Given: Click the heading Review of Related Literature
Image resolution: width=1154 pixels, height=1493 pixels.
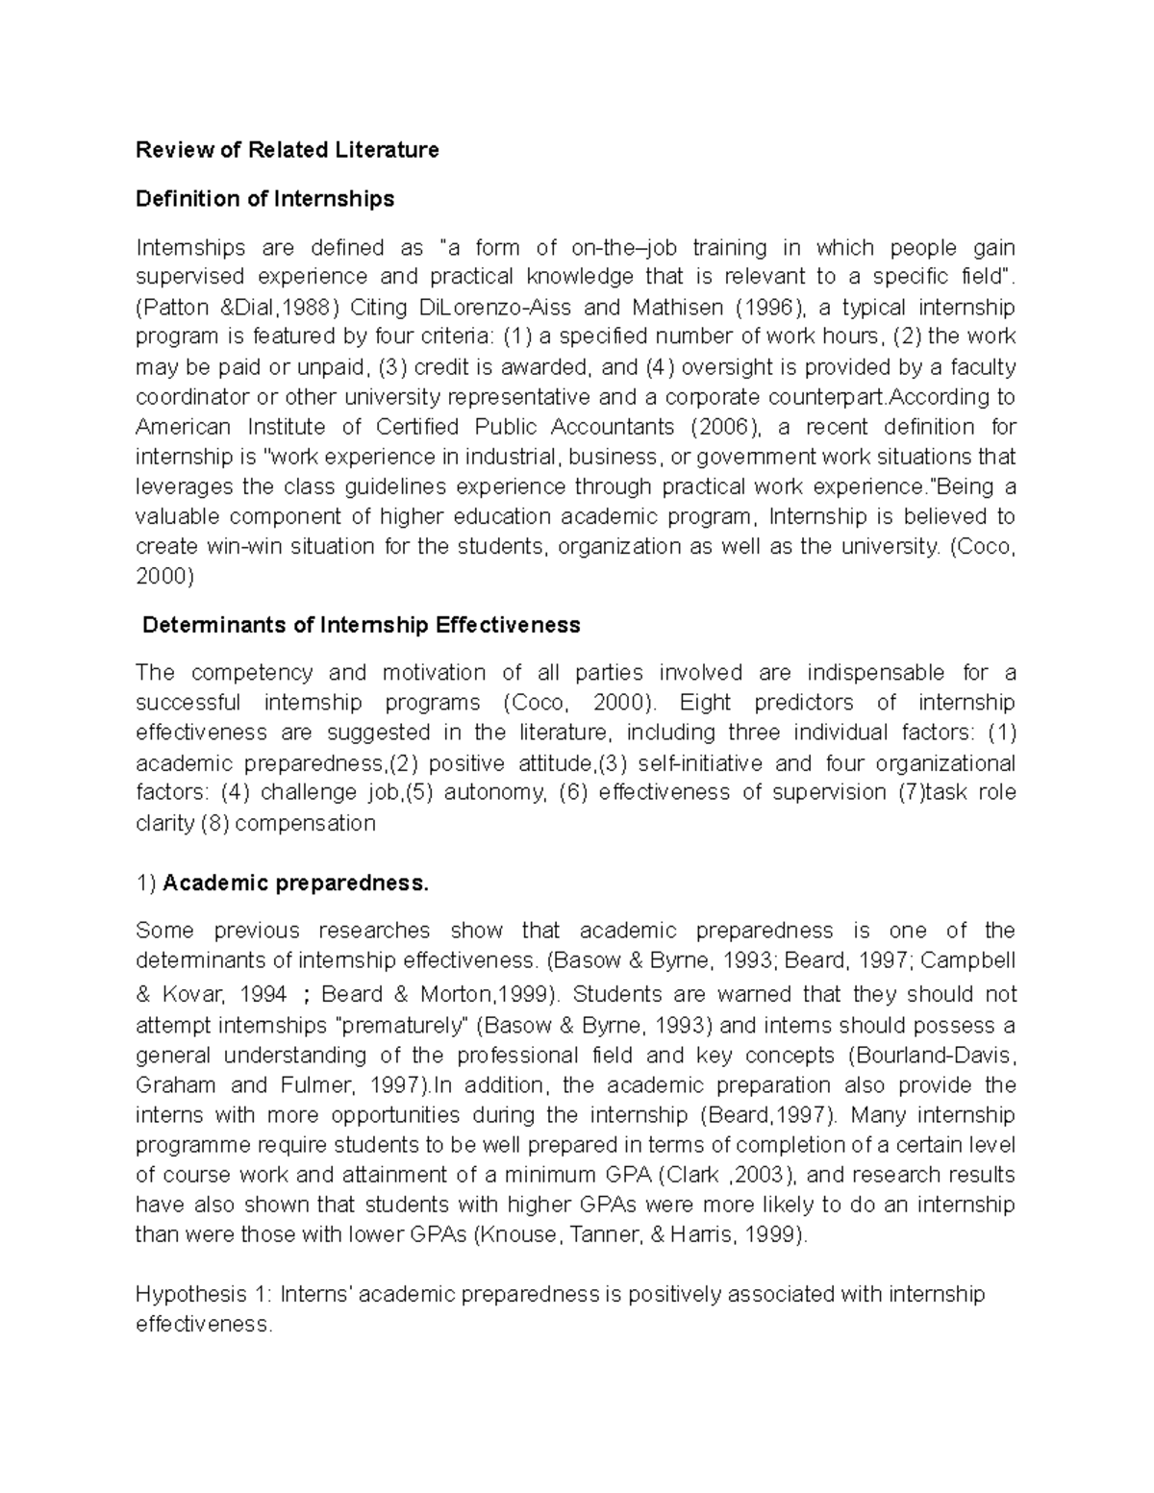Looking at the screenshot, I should tap(287, 150).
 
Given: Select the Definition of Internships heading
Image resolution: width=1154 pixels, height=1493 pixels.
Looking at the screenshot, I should tap(264, 199).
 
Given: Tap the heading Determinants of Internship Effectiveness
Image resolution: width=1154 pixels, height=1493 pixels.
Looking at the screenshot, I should tap(361, 625).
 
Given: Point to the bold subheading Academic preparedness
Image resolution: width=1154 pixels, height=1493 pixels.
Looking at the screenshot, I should tap(295, 883).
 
